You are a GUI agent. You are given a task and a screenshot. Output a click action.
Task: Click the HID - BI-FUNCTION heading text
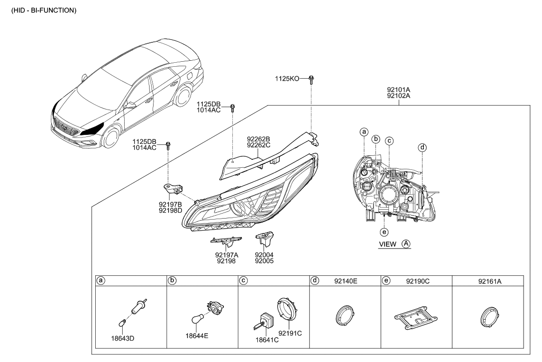(x=40, y=10)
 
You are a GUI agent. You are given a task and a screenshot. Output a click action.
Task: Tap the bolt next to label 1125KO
(x=311, y=78)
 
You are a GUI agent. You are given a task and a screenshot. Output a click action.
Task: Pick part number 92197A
(x=227, y=254)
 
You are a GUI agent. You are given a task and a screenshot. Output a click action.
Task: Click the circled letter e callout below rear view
(x=384, y=232)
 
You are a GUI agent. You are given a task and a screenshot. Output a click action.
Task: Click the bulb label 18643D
(x=123, y=338)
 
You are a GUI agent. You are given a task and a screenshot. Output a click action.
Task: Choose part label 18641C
(x=266, y=339)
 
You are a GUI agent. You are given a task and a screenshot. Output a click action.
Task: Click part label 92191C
(x=290, y=333)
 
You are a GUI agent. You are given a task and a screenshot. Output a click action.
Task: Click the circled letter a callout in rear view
(x=364, y=132)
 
